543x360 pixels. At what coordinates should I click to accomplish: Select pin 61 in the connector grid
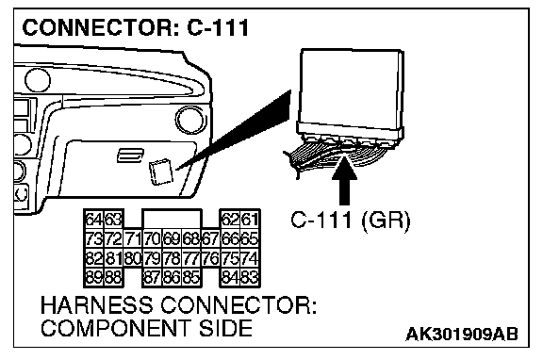[250, 220]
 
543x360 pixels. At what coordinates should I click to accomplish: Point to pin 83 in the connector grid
[250, 277]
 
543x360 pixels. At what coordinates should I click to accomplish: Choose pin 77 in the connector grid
[191, 258]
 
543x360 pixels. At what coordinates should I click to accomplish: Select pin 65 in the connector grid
[250, 238]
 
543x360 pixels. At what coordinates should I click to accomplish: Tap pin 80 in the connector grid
[133, 258]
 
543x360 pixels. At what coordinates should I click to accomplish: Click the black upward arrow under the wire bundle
[344, 180]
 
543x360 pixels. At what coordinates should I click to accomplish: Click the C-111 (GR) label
[350, 221]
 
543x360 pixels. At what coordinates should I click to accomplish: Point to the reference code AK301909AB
[462, 335]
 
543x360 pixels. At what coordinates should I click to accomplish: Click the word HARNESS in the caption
[96, 305]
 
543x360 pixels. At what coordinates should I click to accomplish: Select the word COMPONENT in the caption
[116, 328]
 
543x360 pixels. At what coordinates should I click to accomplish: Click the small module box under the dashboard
[160, 172]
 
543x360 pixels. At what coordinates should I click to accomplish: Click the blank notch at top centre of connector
[172, 219]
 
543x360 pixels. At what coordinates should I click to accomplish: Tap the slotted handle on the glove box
[130, 155]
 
